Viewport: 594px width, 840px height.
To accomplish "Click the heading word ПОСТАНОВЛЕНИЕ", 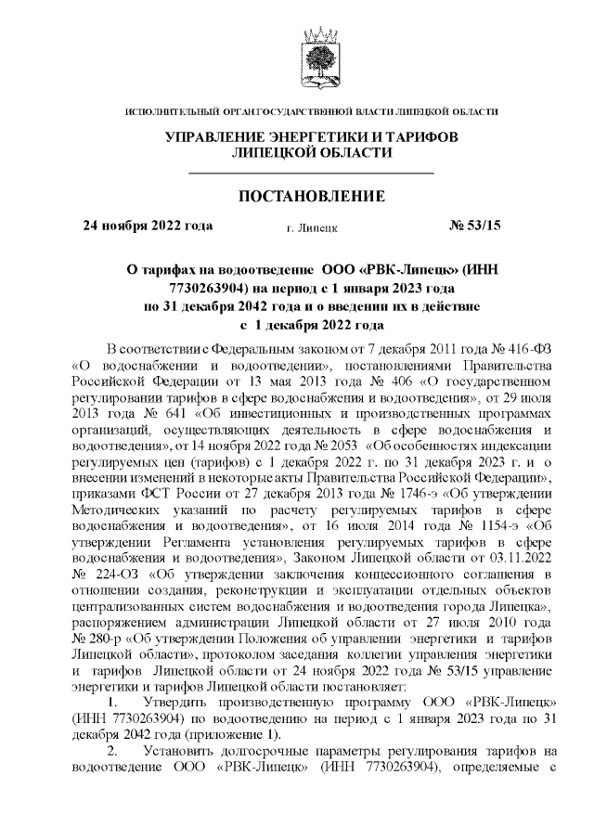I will [x=312, y=197].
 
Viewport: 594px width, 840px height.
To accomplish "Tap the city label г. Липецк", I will [x=313, y=226].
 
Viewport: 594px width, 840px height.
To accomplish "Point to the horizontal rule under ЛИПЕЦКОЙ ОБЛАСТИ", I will [x=312, y=174].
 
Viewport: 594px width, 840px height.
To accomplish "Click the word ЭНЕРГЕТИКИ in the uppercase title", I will [x=293, y=137].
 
